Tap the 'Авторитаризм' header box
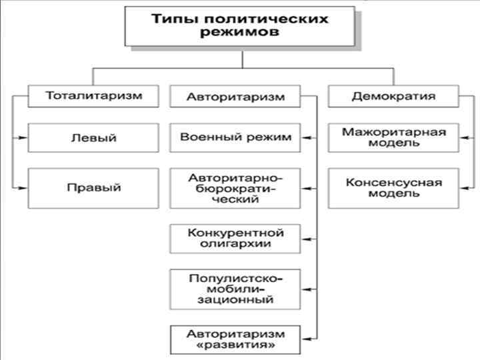point(236,97)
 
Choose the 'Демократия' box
point(393,96)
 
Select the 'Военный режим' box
point(236,138)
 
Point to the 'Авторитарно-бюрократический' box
point(236,188)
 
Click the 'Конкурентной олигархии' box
point(236,239)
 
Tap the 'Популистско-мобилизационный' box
point(236,289)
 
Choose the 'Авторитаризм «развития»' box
point(236,339)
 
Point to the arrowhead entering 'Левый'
point(24,138)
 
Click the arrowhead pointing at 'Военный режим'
point(306,138)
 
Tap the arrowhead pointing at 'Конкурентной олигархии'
point(306,239)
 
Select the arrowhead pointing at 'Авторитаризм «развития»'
point(306,339)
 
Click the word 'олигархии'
point(236,245)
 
